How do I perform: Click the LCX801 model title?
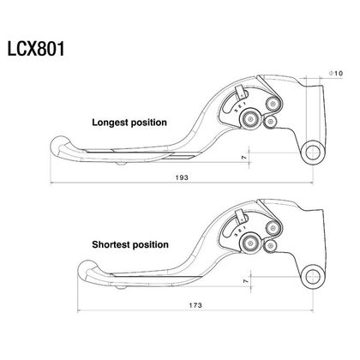pos(36,49)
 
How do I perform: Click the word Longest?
pos(111,123)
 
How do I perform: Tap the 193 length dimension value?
pos(182,177)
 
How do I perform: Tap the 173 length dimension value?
pos(195,305)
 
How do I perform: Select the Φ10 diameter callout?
pos(335,73)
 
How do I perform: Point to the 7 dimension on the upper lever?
pos(243,158)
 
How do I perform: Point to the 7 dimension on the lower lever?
pos(245,281)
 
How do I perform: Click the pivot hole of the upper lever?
pos(313,152)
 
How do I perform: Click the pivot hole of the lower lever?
pos(313,277)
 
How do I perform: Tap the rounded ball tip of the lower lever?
pos(87,270)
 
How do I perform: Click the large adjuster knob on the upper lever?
pos(250,119)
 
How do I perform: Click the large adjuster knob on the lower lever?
pos(250,243)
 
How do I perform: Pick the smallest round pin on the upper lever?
pos(270,123)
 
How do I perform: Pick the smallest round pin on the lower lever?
pos(270,246)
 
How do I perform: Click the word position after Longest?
pos(148,123)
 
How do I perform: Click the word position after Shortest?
pos(151,245)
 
